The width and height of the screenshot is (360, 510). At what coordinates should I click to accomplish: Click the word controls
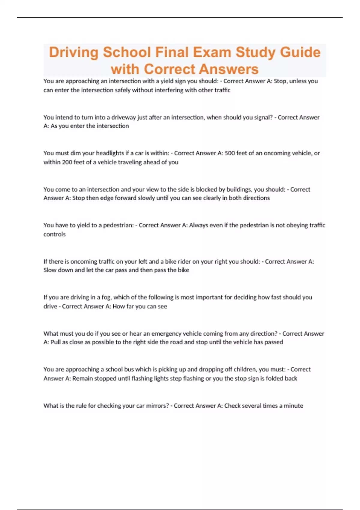click(54, 234)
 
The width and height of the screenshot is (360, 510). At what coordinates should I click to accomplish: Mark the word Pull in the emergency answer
click(55, 342)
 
